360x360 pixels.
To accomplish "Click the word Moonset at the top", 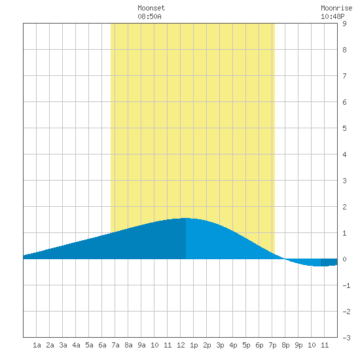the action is click(x=151, y=8).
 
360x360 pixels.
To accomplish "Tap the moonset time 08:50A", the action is click(x=149, y=16).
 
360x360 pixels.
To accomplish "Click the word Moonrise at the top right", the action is click(x=336, y=8).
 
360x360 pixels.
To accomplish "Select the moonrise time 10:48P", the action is click(x=333, y=16).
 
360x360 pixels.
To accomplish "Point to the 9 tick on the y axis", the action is click(x=344, y=24).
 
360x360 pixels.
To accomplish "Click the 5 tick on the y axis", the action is click(x=344, y=128).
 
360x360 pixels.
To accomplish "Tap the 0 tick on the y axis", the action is click(x=344, y=259).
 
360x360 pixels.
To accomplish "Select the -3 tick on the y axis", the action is click(x=346, y=338).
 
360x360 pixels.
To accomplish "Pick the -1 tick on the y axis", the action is click(x=346, y=285).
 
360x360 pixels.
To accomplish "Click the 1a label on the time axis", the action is click(x=37, y=345).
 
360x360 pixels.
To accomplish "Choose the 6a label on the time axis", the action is click(x=102, y=345).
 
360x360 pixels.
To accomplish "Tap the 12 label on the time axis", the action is click(x=181, y=345).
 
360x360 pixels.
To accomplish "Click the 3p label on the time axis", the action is click(x=220, y=345).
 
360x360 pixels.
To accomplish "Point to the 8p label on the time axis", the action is click(x=285, y=345).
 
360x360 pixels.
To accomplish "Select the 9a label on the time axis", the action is click(x=141, y=345).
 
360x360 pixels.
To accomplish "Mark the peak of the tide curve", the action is click(x=185, y=218).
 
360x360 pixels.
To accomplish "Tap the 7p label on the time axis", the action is click(x=272, y=345).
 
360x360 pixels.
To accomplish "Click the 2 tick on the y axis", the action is click(x=344, y=207).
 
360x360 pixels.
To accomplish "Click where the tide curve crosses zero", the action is click(x=285, y=259).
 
